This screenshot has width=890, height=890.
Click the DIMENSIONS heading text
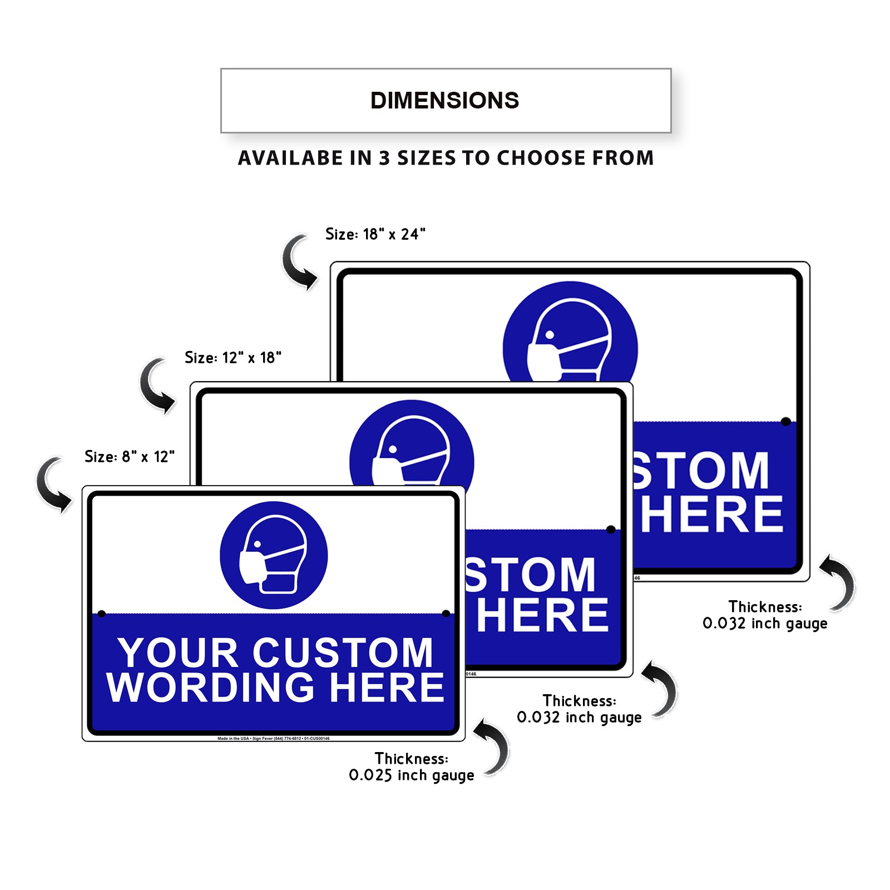tap(444, 101)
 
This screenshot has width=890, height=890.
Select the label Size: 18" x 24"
tap(375, 234)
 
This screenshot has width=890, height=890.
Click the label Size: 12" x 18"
tap(233, 358)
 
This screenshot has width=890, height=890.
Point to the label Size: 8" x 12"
tap(129, 457)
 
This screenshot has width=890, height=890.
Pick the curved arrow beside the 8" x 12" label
tap(53, 484)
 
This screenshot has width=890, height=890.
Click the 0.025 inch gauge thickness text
tap(411, 775)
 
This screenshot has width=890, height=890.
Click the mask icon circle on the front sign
tap(274, 555)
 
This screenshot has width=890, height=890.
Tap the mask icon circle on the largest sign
tap(570, 334)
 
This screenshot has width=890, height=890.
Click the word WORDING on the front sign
tap(211, 688)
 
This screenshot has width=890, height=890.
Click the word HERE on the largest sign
tap(711, 515)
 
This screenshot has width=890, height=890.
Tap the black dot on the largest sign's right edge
tap(785, 422)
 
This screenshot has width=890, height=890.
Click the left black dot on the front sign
tap(101, 614)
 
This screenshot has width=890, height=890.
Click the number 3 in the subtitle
tap(384, 158)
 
